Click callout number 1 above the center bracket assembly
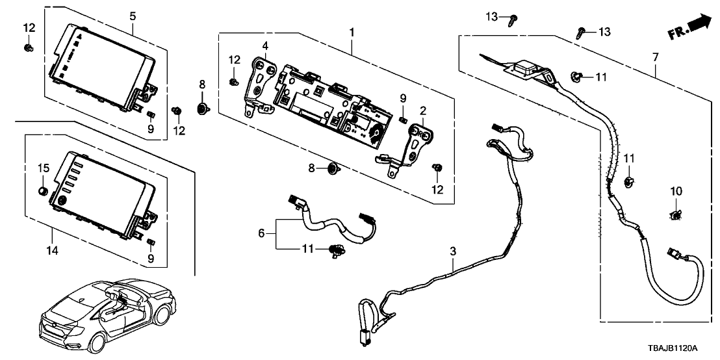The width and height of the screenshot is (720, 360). (352, 31)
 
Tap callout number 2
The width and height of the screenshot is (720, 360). (422, 111)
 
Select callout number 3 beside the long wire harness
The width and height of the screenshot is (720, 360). (453, 250)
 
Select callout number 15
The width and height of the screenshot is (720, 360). (43, 169)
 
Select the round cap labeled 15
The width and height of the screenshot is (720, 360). (43, 191)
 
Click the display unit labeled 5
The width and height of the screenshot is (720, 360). (104, 65)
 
